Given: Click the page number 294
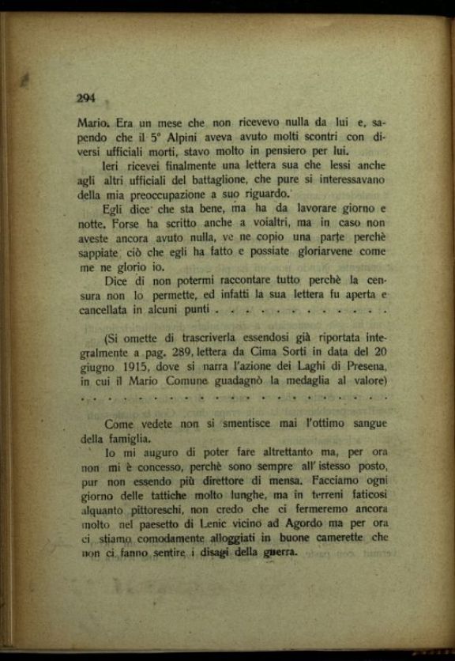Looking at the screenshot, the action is point(86,98).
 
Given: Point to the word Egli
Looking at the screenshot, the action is point(116,209).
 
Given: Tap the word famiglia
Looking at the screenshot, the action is point(127,438).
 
